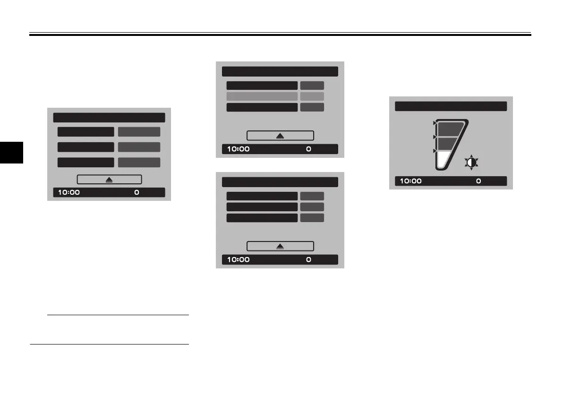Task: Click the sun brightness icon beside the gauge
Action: pyautogui.click(x=471, y=163)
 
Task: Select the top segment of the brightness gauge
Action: pyautogui.click(x=451, y=129)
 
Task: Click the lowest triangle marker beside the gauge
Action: pyautogui.click(x=435, y=151)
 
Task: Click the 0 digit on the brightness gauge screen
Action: pyautogui.click(x=478, y=181)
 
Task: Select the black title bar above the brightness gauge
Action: pyautogui.click(x=451, y=106)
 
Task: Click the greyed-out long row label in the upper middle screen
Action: pyautogui.click(x=262, y=96)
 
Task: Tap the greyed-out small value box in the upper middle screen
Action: pyautogui.click(x=312, y=96)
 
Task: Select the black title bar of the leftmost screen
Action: pyautogui.click(x=109, y=118)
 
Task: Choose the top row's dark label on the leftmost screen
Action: pyautogui.click(x=85, y=132)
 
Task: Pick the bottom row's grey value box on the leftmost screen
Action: pyautogui.click(x=139, y=162)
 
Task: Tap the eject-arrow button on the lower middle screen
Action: pyautogui.click(x=280, y=246)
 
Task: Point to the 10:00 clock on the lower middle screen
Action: pyautogui.click(x=239, y=259)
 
